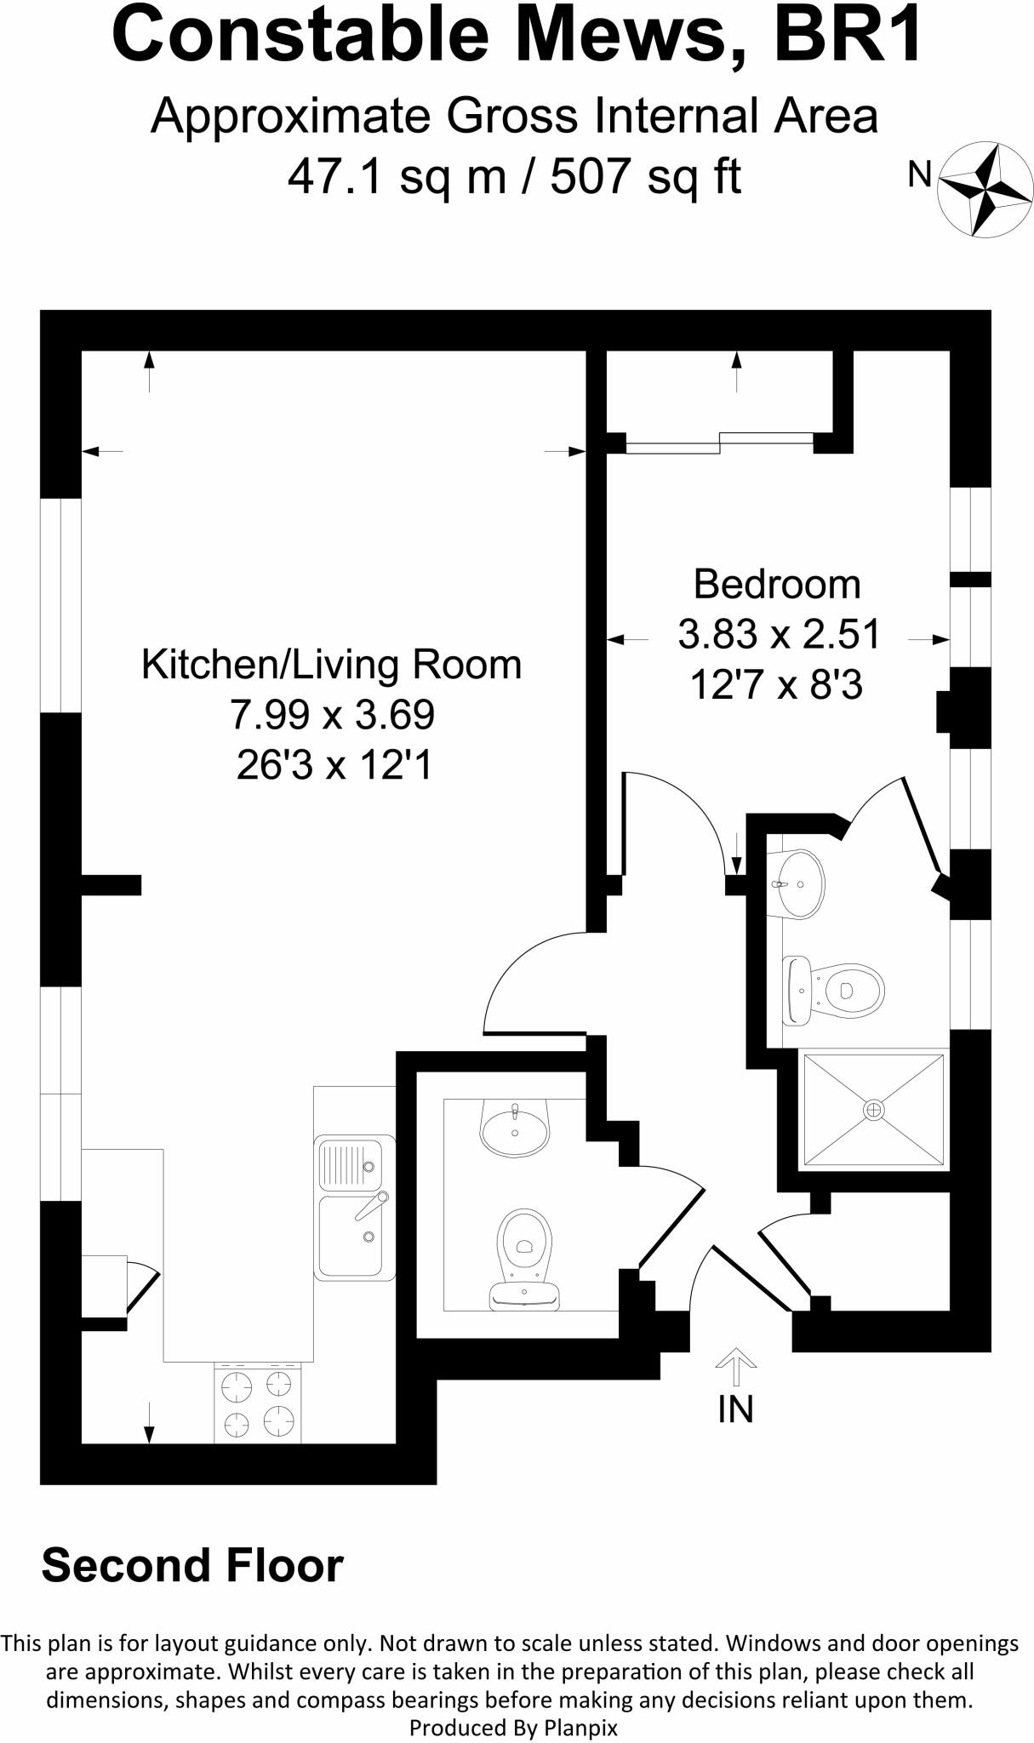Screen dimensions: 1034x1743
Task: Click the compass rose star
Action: point(985,189)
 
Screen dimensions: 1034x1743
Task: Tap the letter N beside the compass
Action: point(920,174)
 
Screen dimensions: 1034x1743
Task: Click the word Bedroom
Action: point(777,585)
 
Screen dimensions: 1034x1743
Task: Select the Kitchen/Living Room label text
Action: point(331,665)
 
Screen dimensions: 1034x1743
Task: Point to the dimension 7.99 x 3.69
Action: point(332,715)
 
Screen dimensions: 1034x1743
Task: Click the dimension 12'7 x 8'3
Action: point(776,684)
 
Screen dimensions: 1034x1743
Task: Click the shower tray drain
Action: point(874,1109)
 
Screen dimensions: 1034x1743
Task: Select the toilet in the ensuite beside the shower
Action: point(833,990)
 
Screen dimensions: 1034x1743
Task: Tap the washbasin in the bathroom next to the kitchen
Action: point(515,1128)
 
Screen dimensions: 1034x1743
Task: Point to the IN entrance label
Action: point(736,1410)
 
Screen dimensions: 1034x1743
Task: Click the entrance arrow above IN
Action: point(736,1368)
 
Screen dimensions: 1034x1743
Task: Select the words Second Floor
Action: point(192,1565)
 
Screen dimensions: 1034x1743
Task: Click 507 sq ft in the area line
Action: point(646,177)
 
